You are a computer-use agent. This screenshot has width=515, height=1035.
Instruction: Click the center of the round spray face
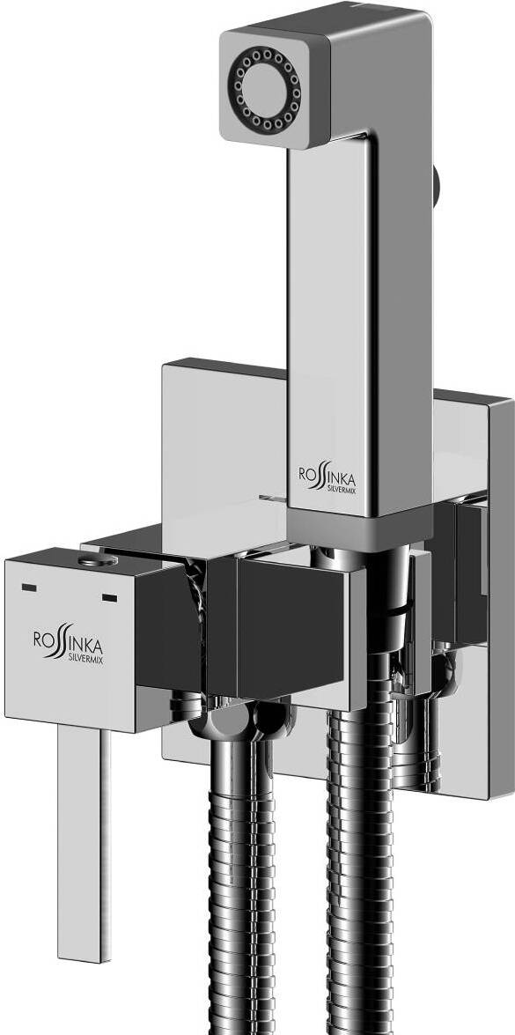(x=264, y=88)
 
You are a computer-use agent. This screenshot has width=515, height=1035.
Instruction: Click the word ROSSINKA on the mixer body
(x=68, y=642)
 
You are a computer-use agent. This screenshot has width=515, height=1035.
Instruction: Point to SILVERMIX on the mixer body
(x=85, y=659)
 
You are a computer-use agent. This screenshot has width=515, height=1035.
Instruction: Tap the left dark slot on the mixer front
(x=29, y=587)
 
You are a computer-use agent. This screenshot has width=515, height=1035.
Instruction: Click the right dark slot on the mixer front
(x=109, y=598)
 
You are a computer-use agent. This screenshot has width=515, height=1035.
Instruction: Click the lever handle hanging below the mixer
(x=84, y=843)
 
